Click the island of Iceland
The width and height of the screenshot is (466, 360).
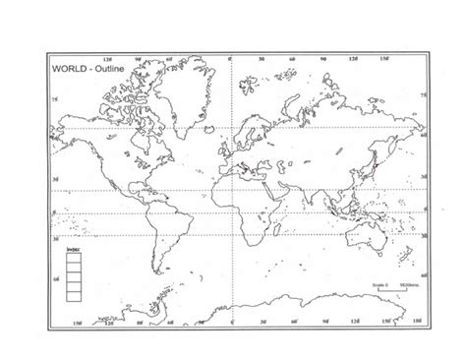tap(210, 114)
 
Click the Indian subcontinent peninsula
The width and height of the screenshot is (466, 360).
tap(318, 187)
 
